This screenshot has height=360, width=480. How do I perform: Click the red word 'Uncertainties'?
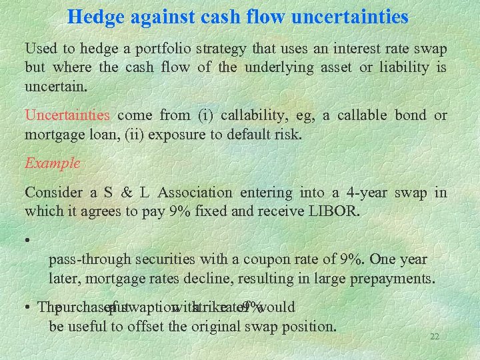coord(67,115)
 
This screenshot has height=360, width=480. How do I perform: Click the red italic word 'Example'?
coord(52,163)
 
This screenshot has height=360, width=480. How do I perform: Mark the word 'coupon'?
coord(271,259)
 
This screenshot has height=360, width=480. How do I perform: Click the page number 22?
coord(434,337)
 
